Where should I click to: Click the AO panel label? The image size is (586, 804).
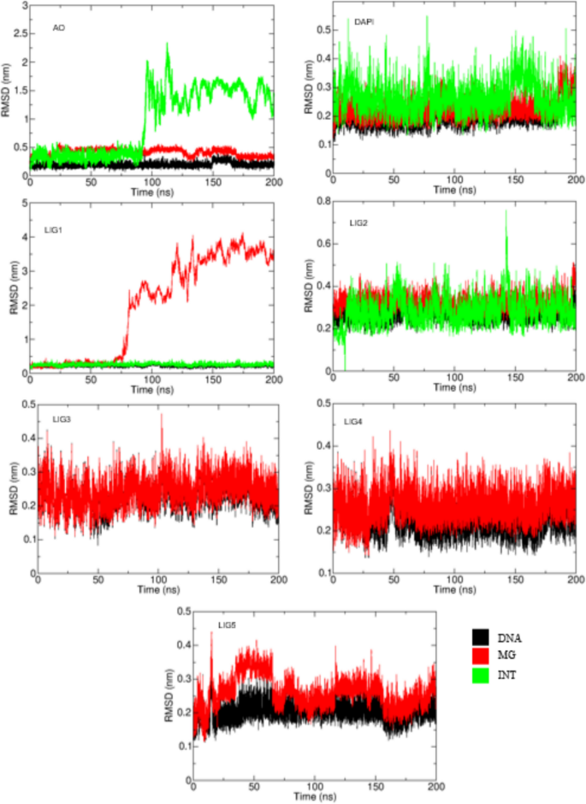(59, 27)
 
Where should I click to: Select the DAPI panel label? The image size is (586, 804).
(364, 21)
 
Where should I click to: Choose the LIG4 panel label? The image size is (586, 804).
(352, 422)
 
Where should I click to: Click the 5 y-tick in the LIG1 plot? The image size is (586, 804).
(21, 204)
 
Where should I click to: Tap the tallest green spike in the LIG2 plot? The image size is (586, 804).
(506, 211)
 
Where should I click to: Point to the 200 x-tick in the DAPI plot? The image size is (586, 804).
(575, 181)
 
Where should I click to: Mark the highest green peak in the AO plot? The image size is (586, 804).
(167, 44)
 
